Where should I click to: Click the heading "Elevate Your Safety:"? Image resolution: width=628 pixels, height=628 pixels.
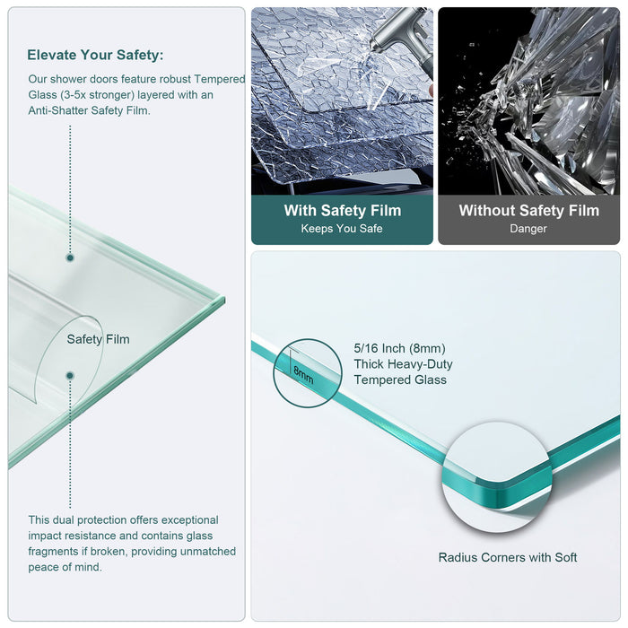point(95,55)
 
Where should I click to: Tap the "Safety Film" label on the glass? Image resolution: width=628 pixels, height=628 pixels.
point(98,339)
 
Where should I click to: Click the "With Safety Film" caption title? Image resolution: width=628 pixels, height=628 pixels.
point(342,211)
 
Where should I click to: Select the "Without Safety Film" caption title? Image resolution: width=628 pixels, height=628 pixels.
point(528,211)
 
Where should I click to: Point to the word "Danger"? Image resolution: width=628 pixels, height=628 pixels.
point(528,229)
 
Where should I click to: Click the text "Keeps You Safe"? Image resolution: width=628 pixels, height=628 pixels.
point(342,229)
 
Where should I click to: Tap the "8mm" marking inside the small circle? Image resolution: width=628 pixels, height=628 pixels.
point(304,374)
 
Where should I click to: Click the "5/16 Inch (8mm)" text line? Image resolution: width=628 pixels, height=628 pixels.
point(399,348)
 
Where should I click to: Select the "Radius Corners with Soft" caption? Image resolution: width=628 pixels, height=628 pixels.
point(508,557)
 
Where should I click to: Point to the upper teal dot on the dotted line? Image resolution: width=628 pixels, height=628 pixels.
point(70,257)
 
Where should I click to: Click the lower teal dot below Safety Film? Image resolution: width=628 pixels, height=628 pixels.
point(70,375)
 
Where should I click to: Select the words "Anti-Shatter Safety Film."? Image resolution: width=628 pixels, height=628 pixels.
point(89,110)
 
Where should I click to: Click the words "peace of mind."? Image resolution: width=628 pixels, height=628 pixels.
point(65,567)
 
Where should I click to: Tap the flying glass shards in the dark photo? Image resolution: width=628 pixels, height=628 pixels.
point(529,99)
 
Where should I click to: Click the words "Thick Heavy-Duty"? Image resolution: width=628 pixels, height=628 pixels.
point(403,364)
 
